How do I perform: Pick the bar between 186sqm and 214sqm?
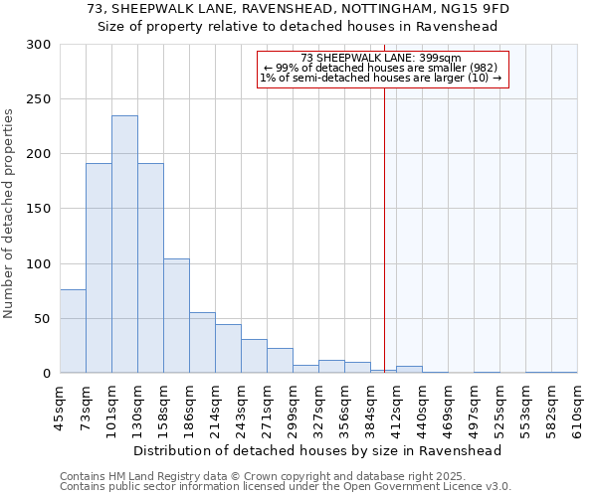(x=202, y=343)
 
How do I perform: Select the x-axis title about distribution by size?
(x=317, y=450)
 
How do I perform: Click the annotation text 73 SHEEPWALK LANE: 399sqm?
(x=382, y=58)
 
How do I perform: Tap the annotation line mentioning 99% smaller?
(x=382, y=68)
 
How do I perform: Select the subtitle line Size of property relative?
(x=298, y=26)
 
